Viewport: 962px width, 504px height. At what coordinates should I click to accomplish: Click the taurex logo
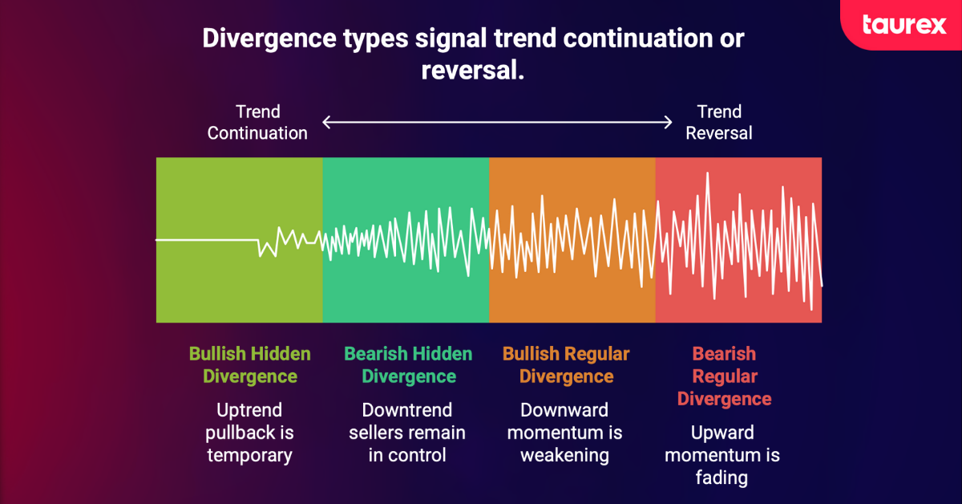903,25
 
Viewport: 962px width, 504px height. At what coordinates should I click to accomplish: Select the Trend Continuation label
257,123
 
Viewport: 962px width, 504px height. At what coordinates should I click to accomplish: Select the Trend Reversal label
719,123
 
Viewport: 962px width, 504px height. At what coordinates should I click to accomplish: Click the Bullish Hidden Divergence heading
249,365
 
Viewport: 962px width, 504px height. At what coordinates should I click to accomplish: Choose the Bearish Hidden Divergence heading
408,365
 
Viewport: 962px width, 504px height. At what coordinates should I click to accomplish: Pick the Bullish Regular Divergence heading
566,365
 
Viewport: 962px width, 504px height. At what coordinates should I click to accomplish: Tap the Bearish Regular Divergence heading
724,376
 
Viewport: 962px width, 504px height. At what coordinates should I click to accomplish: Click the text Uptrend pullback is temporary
249,433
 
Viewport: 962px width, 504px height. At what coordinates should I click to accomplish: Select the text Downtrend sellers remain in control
407,433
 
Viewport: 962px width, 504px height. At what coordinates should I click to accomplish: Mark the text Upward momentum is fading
722,456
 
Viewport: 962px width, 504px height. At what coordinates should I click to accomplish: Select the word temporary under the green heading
249,456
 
